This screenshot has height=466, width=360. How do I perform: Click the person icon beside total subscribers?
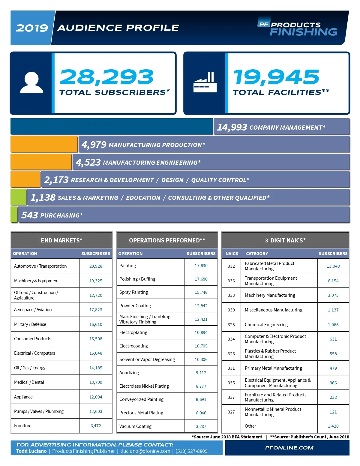[x=31, y=83]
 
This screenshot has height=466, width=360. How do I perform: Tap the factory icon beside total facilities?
[x=205, y=82]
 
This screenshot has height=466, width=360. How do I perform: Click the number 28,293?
[x=106, y=77]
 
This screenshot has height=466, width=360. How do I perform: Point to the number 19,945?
[x=276, y=77]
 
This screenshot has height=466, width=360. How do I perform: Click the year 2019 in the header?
[x=32, y=28]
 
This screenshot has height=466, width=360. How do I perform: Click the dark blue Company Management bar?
[x=112, y=127]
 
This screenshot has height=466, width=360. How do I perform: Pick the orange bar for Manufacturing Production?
[x=44, y=144]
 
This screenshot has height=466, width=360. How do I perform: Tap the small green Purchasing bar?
[x=14, y=215]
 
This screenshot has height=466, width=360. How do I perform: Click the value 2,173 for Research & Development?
[x=56, y=180]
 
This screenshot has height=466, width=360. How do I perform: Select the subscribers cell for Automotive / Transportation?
[x=96, y=266]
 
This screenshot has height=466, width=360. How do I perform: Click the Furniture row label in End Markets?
[x=23, y=426]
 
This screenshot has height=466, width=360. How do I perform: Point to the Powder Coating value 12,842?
[x=201, y=306]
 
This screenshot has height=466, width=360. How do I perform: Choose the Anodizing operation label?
[x=129, y=373]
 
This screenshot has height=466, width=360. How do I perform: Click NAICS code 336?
[x=231, y=281]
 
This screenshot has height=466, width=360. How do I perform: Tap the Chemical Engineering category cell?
[x=266, y=325]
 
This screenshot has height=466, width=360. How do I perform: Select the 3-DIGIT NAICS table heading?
[x=285, y=240]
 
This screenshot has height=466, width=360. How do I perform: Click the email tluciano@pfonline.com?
[x=145, y=451]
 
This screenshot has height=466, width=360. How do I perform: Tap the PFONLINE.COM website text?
[x=289, y=448]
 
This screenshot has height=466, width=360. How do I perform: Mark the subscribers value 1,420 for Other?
[x=333, y=426]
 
